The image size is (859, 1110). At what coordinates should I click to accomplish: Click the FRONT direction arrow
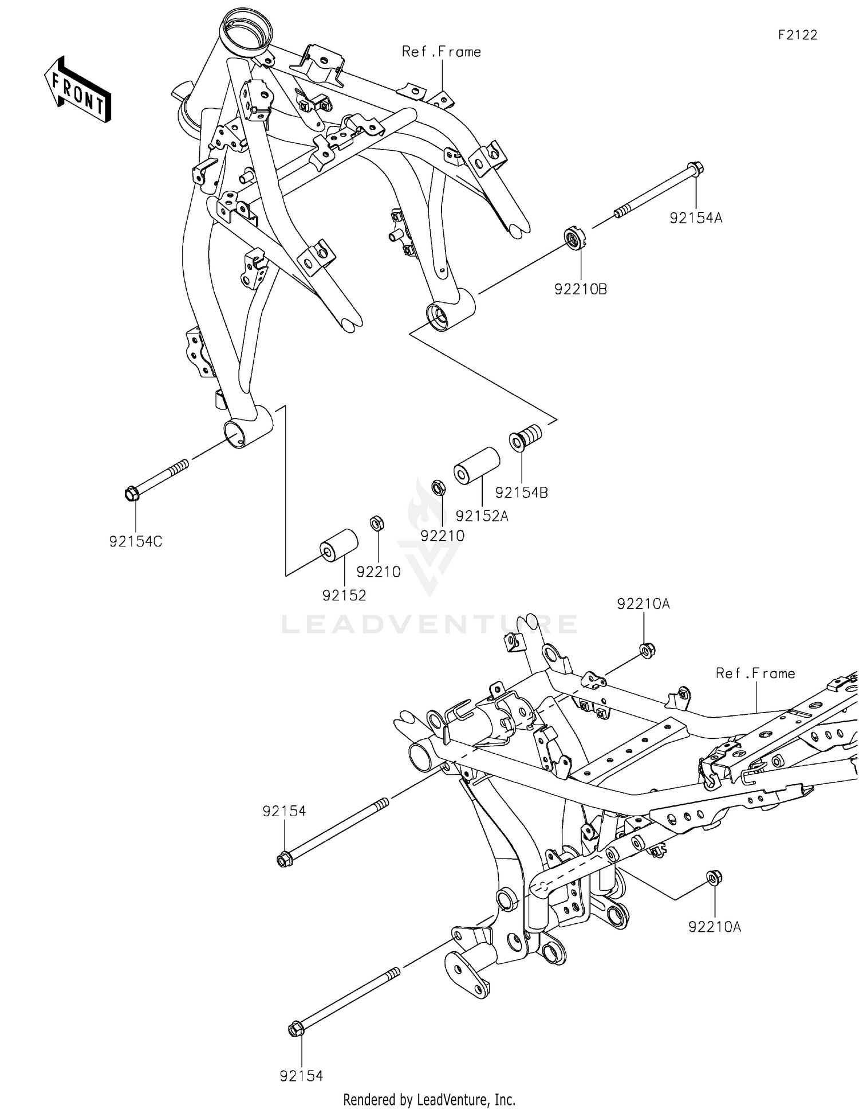(x=77, y=90)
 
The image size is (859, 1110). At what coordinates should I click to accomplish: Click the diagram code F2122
(x=797, y=35)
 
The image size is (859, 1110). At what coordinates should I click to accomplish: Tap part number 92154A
(x=696, y=218)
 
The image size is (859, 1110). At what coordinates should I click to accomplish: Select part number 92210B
(x=580, y=289)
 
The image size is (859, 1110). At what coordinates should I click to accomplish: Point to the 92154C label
(x=136, y=541)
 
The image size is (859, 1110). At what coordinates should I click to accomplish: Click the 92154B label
(x=521, y=493)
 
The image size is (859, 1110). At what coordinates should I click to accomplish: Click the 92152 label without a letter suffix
(x=344, y=596)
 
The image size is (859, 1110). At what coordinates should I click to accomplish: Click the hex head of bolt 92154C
(x=132, y=493)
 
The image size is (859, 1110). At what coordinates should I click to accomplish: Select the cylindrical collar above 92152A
(x=476, y=466)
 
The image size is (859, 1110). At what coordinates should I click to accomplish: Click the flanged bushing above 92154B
(x=524, y=437)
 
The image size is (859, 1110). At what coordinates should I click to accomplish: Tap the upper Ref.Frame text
(x=441, y=52)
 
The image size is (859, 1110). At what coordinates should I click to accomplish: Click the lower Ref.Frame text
(x=755, y=674)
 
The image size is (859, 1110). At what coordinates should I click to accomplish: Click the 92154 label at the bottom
(x=301, y=1076)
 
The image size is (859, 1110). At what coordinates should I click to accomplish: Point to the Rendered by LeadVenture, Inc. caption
(x=429, y=1100)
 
